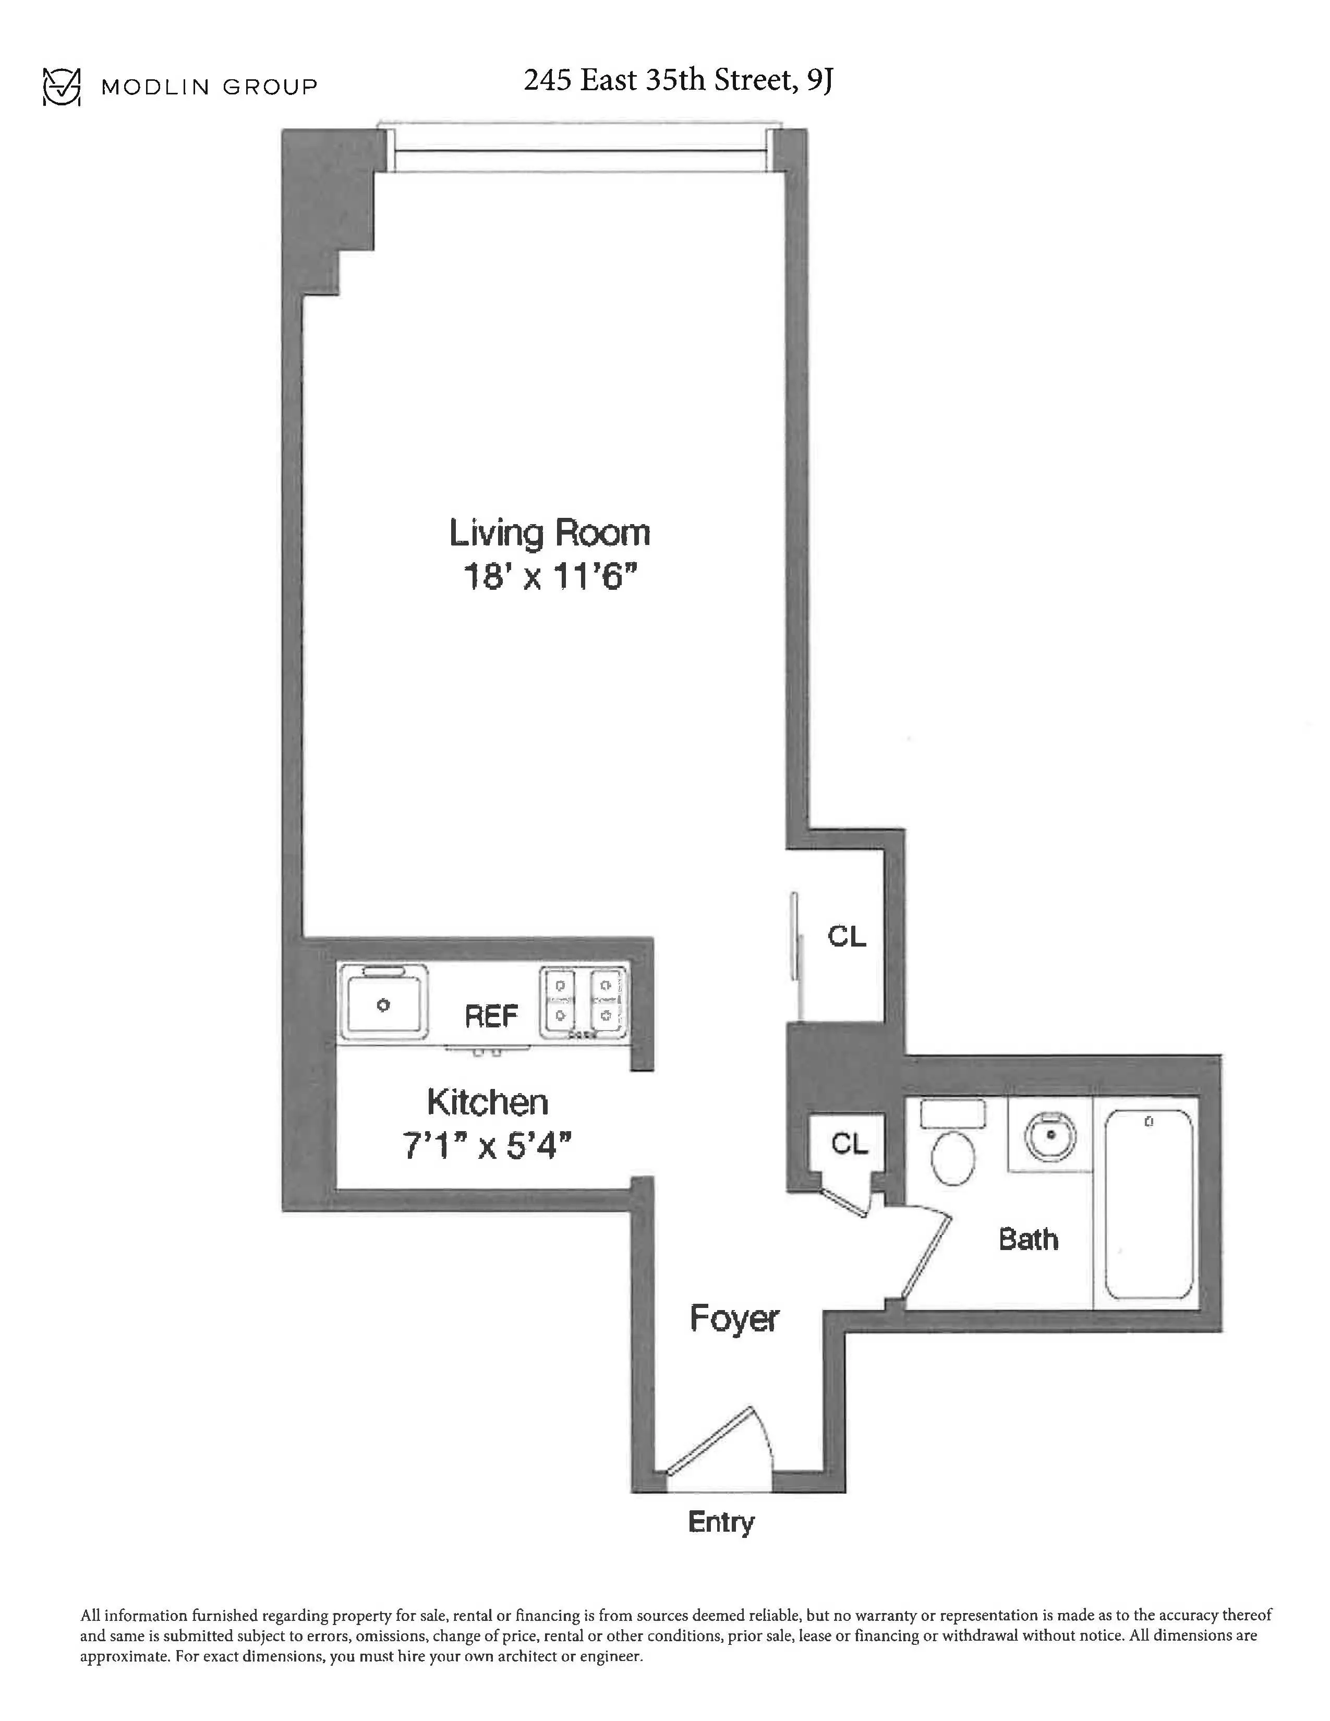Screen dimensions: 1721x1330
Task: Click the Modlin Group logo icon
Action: coord(62,86)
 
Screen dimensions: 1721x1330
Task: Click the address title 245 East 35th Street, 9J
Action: coord(678,80)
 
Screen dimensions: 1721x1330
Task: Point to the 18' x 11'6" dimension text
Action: coord(549,578)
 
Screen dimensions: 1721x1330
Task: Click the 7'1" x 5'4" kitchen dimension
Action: coord(487,1146)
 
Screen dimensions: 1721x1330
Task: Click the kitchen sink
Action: coord(384,1003)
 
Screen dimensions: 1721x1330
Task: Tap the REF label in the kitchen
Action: coord(491,1016)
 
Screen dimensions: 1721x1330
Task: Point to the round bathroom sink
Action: coord(1049,1135)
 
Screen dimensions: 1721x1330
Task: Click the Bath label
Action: coord(1028,1240)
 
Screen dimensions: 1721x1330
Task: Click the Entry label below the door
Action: coord(721,1522)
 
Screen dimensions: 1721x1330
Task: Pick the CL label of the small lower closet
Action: coord(849,1143)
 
